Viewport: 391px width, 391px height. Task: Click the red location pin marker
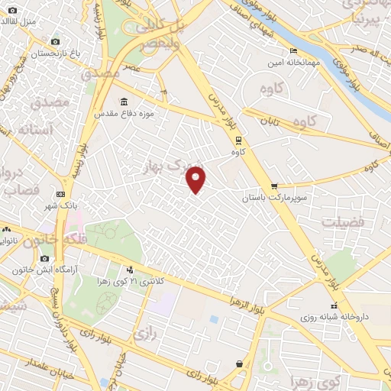196,179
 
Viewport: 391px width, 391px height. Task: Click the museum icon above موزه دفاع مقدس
124,102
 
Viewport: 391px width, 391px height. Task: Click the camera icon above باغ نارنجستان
55,42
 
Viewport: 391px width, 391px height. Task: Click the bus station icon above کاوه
238,140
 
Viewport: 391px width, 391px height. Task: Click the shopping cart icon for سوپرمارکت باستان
274,186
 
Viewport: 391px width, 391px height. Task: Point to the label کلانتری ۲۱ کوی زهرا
128,281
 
